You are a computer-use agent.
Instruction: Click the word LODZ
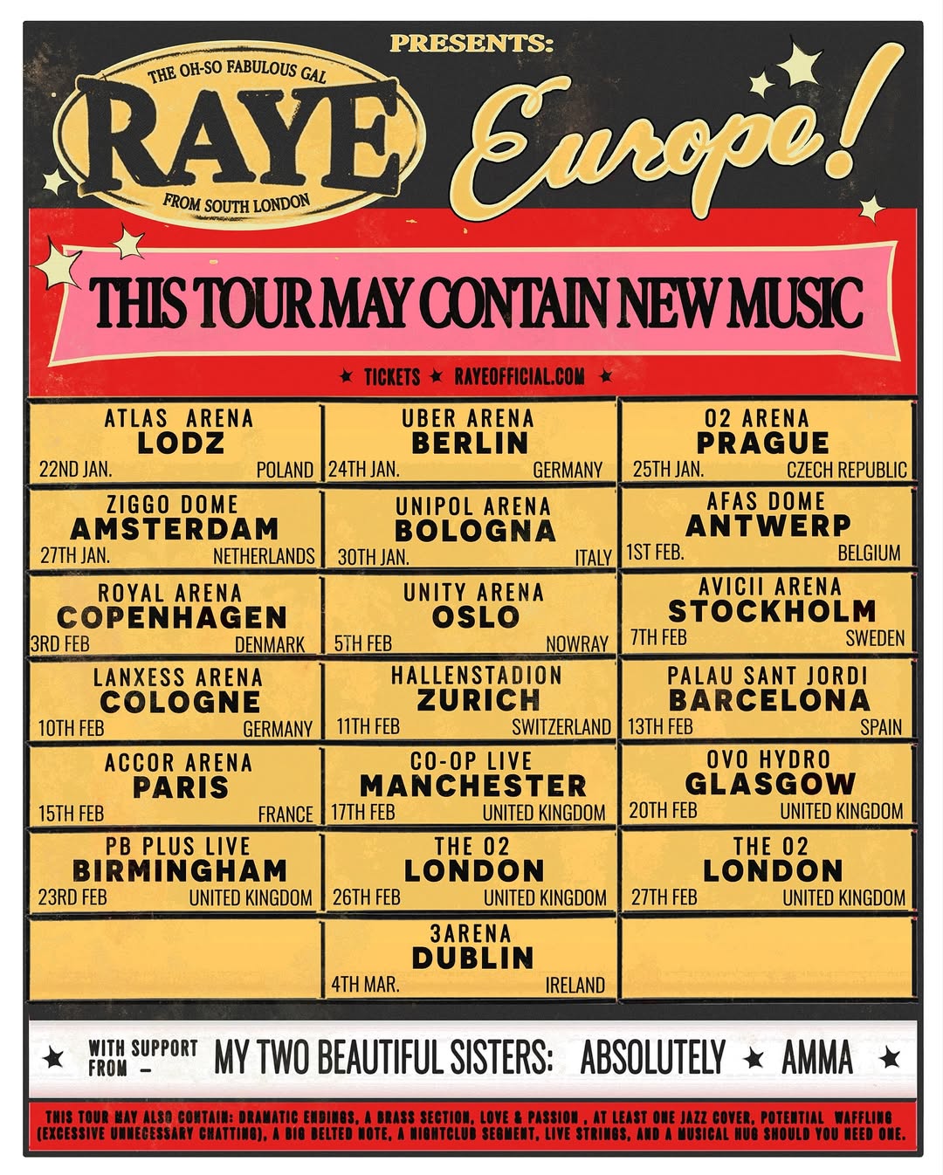pyautogui.click(x=180, y=443)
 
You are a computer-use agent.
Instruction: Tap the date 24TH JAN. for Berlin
pyautogui.click(x=364, y=470)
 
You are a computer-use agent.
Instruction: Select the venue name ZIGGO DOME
pyautogui.click(x=172, y=505)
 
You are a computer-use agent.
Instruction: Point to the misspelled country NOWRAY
pyautogui.click(x=577, y=644)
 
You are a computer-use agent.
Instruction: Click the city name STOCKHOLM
pyautogui.click(x=771, y=610)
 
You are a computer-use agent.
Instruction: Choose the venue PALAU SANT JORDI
pyautogui.click(x=767, y=676)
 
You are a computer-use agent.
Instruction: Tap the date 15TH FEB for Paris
pyautogui.click(x=71, y=814)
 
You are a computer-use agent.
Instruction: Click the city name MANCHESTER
pyautogui.click(x=472, y=786)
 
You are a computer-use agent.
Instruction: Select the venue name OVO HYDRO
pyautogui.click(x=768, y=759)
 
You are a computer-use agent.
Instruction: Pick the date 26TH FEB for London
pyautogui.click(x=367, y=897)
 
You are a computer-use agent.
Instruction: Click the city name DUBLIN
pyautogui.click(x=472, y=958)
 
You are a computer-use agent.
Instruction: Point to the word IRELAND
pyautogui.click(x=575, y=986)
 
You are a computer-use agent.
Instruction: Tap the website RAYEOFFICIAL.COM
pyautogui.click(x=520, y=376)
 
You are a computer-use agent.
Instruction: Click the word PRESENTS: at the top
pyautogui.click(x=471, y=44)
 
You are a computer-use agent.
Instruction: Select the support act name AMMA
pyautogui.click(x=816, y=1058)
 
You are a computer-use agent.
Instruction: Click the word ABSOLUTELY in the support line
pyautogui.click(x=652, y=1058)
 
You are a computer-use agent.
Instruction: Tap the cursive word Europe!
pyautogui.click(x=664, y=131)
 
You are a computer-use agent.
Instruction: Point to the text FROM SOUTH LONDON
pyautogui.click(x=236, y=203)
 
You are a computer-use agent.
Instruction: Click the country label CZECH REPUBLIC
pyautogui.click(x=846, y=470)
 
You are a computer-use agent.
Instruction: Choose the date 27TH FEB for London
pyautogui.click(x=664, y=897)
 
